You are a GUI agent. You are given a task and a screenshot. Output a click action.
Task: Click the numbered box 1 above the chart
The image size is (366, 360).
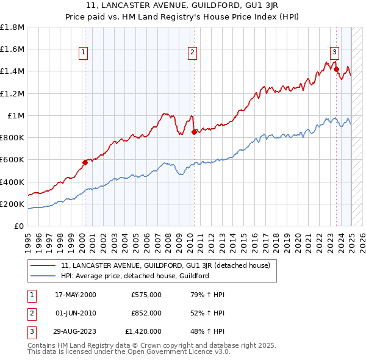point(83,53)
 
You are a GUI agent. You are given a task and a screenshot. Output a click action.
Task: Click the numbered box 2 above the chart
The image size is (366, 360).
point(192,53)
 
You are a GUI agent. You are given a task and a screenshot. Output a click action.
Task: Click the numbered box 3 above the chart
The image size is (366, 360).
point(335,53)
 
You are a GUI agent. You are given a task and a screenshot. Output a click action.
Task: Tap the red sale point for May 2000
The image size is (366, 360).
point(85,162)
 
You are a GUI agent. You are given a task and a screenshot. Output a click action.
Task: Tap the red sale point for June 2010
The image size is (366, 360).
point(194,132)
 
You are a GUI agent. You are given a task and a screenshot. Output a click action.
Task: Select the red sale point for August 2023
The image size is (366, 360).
point(336,69)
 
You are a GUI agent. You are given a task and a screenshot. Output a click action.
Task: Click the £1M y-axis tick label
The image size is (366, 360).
point(16,116)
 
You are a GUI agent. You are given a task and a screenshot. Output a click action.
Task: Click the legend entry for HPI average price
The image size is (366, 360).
point(135,276)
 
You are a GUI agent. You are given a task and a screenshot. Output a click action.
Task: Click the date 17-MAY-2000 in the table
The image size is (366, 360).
point(76,294)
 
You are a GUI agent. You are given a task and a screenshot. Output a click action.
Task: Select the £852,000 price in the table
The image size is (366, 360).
point(146,313)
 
